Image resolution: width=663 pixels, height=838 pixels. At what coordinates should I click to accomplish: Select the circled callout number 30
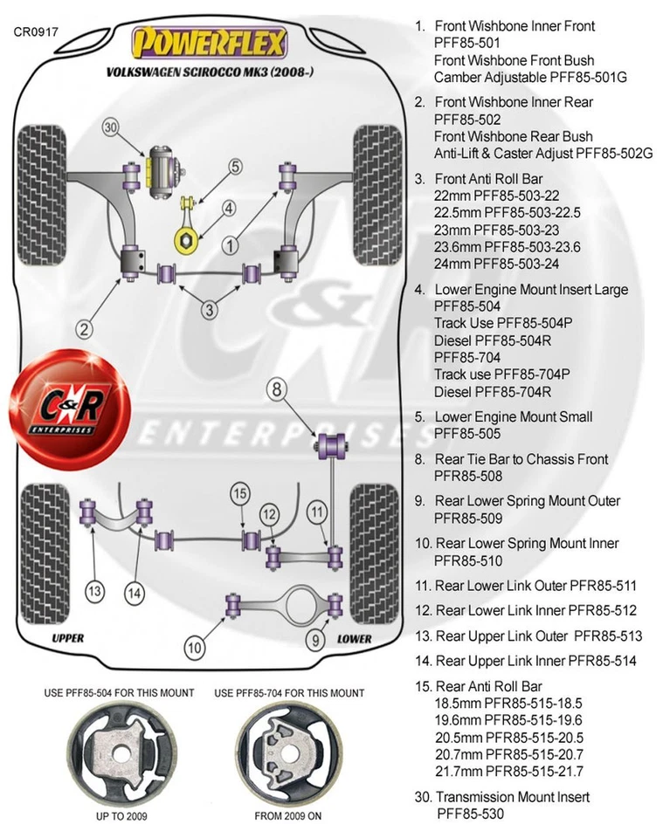[x=109, y=127]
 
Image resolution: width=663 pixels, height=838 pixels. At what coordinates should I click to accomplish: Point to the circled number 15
[x=240, y=495]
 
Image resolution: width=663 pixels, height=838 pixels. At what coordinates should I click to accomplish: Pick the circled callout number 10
[x=195, y=647]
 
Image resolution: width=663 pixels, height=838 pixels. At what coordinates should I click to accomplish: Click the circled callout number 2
[x=85, y=329]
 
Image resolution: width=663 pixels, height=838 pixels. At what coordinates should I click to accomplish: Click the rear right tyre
[x=373, y=542]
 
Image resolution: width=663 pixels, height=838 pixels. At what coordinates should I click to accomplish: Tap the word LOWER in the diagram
[x=354, y=638]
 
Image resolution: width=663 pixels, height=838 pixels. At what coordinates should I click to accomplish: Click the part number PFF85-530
[x=470, y=814]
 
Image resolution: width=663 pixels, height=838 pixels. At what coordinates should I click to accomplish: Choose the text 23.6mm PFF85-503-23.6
[x=507, y=247]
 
